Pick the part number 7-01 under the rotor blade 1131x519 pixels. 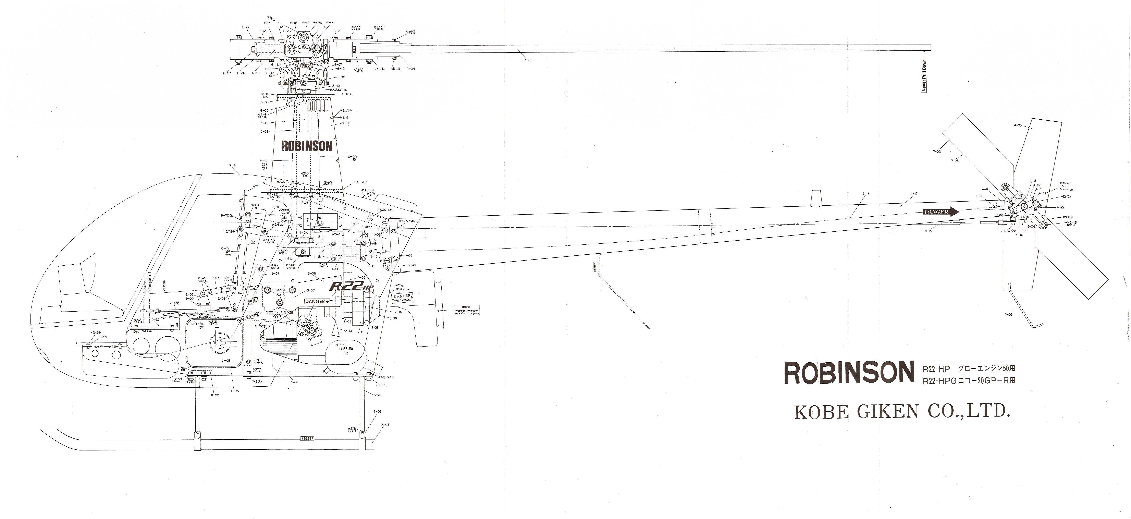[x=527, y=60]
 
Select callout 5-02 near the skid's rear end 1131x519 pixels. [x=385, y=424]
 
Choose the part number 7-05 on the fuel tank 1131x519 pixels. [x=226, y=361]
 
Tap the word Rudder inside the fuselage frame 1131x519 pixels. [x=367, y=227]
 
